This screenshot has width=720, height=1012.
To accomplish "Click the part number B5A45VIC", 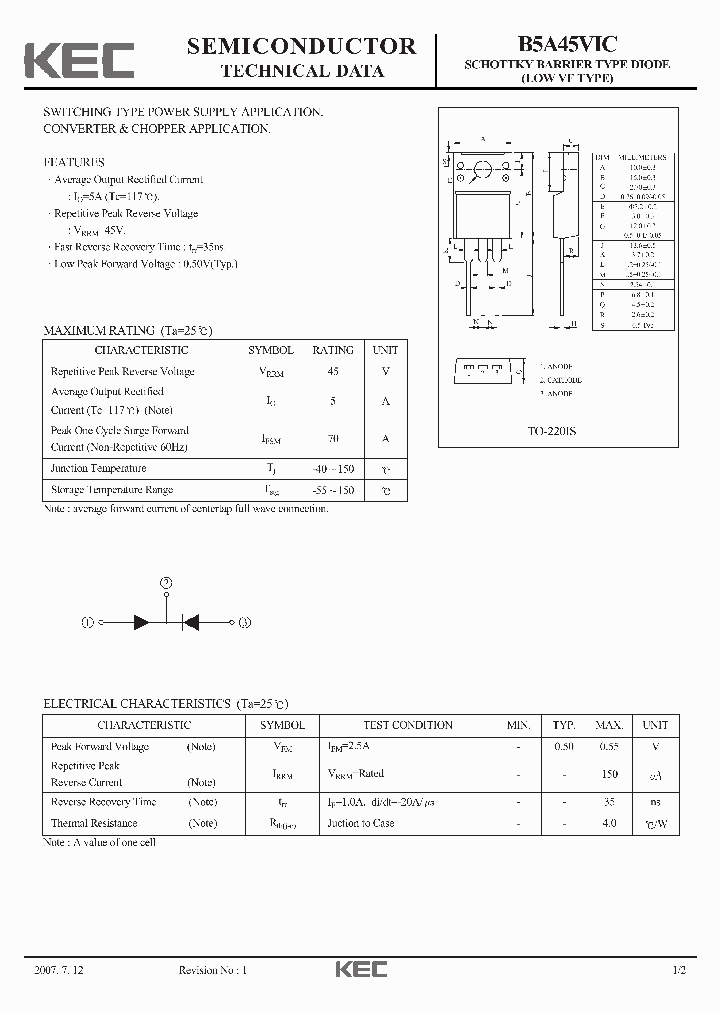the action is [x=566, y=43].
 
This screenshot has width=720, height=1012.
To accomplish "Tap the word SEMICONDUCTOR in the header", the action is [x=301, y=46].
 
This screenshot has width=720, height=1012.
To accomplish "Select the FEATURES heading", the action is [x=74, y=162].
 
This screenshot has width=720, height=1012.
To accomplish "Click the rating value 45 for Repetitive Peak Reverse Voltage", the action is [x=333, y=371].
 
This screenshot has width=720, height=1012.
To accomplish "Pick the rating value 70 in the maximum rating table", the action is [x=333, y=438].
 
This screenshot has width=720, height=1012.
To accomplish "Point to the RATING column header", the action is [x=333, y=350].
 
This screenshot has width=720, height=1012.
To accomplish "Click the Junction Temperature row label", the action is [x=99, y=468].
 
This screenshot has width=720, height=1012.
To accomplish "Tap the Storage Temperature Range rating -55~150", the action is [x=333, y=490].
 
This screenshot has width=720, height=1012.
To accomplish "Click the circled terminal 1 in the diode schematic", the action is [x=88, y=621].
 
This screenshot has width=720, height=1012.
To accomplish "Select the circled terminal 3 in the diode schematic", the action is [x=245, y=621].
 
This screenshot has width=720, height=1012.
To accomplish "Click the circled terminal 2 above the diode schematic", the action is [x=166, y=582].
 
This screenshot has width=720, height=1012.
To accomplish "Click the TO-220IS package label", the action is [x=552, y=432].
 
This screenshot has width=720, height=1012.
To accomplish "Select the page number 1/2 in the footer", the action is [x=679, y=970].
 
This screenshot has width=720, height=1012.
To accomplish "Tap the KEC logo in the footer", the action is [x=360, y=969].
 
